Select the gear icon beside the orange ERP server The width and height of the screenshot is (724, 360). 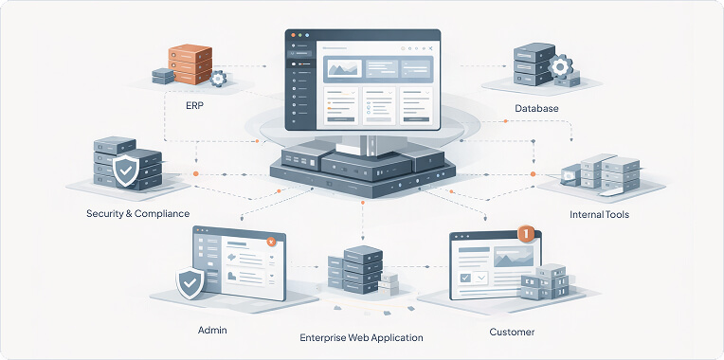point(217,79)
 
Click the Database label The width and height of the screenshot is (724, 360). point(536,109)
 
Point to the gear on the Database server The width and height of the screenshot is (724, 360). point(560,67)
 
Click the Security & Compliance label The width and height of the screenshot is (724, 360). point(136,214)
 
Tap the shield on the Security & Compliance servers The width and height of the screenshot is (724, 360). point(124,171)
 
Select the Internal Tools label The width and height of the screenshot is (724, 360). point(599,215)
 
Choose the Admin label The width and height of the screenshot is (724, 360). point(212,330)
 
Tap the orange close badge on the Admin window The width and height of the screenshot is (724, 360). point(271,243)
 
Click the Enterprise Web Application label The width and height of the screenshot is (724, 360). point(361,337)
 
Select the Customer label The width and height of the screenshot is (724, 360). point(512,333)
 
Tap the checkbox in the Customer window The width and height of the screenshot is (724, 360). point(464,278)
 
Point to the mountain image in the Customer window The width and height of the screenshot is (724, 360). point(511,255)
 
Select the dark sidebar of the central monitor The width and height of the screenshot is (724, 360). point(299,85)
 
